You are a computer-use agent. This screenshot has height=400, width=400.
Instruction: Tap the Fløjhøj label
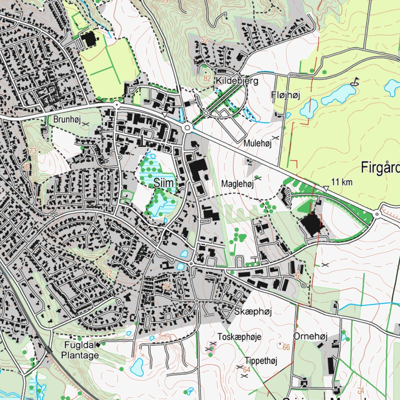click(x=286, y=95)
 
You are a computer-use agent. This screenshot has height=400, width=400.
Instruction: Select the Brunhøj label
click(x=67, y=120)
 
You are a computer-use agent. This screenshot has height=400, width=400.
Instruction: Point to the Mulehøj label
click(x=257, y=144)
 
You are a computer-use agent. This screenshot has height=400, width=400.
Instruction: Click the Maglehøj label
click(x=237, y=184)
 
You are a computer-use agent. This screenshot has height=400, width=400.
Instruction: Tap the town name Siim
click(x=164, y=182)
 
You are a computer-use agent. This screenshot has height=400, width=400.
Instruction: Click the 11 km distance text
click(x=342, y=182)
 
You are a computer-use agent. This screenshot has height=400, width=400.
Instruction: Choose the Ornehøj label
click(x=310, y=337)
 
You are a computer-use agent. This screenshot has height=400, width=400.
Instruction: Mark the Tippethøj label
click(x=261, y=361)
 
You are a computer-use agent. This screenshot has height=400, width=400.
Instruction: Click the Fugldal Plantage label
click(x=80, y=350)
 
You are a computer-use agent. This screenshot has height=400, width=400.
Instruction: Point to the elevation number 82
click(x=207, y=79)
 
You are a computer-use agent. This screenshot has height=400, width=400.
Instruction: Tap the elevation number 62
click(x=108, y=273)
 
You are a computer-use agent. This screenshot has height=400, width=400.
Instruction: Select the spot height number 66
click(x=286, y=347)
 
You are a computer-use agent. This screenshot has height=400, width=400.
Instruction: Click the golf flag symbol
click(x=355, y=81)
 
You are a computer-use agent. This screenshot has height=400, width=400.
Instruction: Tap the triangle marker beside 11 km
click(x=326, y=189)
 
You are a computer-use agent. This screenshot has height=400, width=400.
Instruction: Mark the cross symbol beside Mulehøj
click(x=275, y=138)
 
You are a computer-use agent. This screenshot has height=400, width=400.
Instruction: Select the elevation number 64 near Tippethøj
click(x=246, y=370)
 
